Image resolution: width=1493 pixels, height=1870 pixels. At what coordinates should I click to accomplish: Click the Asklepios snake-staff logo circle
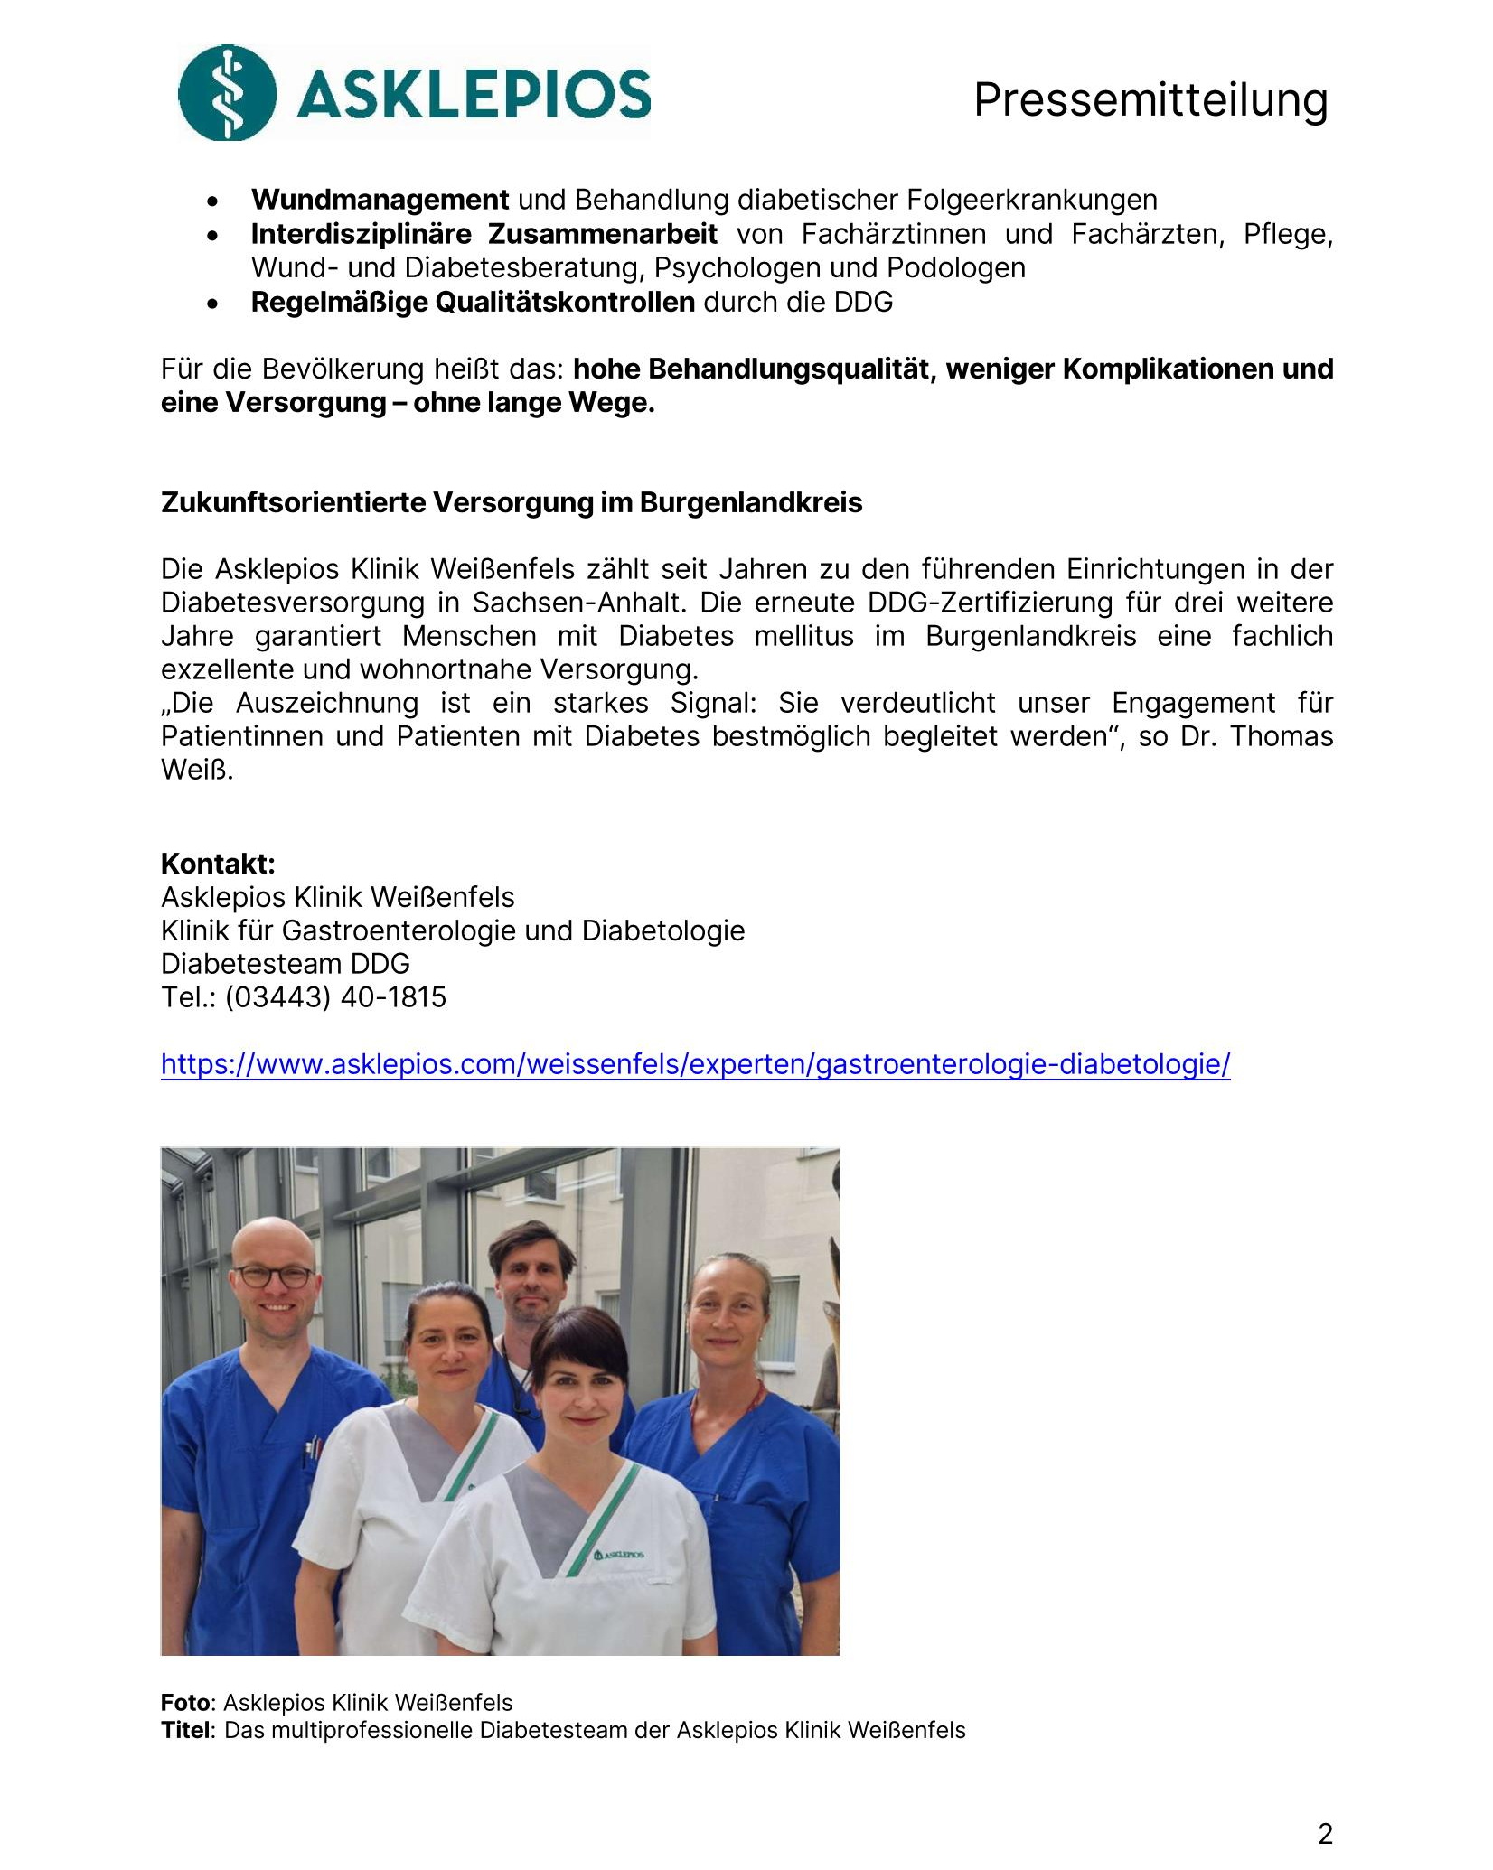pyautogui.click(x=227, y=93)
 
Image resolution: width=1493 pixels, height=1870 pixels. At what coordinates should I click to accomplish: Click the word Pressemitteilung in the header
pyautogui.click(x=1150, y=99)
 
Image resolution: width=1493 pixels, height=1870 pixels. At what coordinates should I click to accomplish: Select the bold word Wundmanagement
pyautogui.click(x=380, y=200)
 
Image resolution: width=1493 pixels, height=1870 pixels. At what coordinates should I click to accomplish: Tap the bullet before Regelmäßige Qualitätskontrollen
pyautogui.click(x=212, y=304)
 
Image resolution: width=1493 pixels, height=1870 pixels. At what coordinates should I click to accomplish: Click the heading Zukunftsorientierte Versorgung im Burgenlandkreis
pyautogui.click(x=512, y=502)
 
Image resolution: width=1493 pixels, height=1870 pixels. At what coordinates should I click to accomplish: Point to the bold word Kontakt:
pyautogui.click(x=218, y=864)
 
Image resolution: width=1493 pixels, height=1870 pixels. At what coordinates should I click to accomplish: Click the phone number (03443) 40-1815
pyautogui.click(x=335, y=997)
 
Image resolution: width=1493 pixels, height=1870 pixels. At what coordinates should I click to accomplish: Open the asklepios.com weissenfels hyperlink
pyautogui.click(x=695, y=1064)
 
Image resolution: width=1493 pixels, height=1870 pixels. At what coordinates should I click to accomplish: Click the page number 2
pyautogui.click(x=1325, y=1834)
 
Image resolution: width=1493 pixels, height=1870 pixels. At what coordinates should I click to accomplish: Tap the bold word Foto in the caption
pyautogui.click(x=185, y=1703)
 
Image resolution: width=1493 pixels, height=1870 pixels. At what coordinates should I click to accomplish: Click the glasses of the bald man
pyautogui.click(x=275, y=1277)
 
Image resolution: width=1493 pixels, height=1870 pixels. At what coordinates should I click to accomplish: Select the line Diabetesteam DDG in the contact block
pyautogui.click(x=285, y=964)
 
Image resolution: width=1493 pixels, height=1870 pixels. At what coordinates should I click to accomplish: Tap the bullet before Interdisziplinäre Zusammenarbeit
pyautogui.click(x=212, y=237)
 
